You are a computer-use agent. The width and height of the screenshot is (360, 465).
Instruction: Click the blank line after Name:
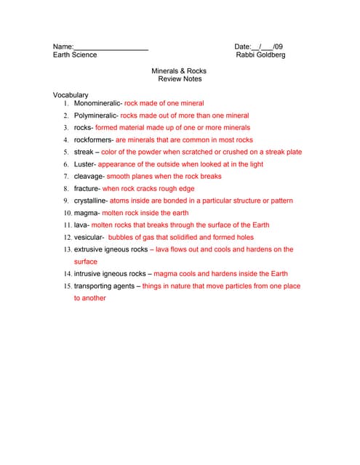[x=111, y=48]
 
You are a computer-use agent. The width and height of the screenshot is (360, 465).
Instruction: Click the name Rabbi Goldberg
[x=260, y=55]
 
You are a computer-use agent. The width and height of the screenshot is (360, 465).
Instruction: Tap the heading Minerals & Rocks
[x=179, y=71]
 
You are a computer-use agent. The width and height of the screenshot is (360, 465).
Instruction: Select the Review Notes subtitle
[x=180, y=79]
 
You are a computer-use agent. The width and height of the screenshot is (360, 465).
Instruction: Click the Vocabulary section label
[x=71, y=95]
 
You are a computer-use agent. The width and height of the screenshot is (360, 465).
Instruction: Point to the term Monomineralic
[x=97, y=103]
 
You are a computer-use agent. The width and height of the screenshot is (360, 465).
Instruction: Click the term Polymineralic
[x=95, y=116]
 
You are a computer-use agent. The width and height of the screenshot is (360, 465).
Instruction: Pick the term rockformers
[x=92, y=139]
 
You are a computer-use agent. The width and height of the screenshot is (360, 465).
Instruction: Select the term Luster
[x=84, y=164]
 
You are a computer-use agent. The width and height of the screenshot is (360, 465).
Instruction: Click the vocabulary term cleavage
[x=89, y=177]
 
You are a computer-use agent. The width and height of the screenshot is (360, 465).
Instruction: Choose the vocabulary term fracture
[x=87, y=188]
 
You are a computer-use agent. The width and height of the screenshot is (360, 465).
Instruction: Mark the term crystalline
[x=89, y=201]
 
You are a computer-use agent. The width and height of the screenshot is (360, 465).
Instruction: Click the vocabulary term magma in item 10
[x=85, y=213]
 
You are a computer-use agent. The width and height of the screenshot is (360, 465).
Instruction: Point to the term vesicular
[x=88, y=238]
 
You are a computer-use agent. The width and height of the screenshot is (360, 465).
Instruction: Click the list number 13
[x=66, y=249]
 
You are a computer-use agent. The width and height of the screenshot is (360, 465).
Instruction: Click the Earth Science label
[x=74, y=55]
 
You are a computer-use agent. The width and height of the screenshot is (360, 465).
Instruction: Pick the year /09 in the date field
[x=278, y=47]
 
